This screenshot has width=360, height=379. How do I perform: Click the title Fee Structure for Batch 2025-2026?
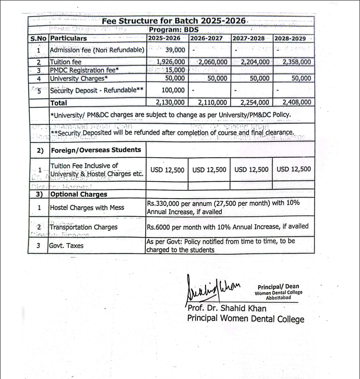point(173,21)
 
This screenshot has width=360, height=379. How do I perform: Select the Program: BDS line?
point(173,29)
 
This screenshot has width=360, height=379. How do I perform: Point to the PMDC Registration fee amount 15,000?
point(175,70)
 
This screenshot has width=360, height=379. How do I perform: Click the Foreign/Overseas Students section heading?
point(96,150)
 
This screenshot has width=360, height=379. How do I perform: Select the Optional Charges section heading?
point(78,194)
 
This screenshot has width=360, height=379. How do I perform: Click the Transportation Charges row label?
point(83,227)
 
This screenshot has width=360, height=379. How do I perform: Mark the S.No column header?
point(38,39)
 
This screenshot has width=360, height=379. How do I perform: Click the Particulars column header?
point(68,39)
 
